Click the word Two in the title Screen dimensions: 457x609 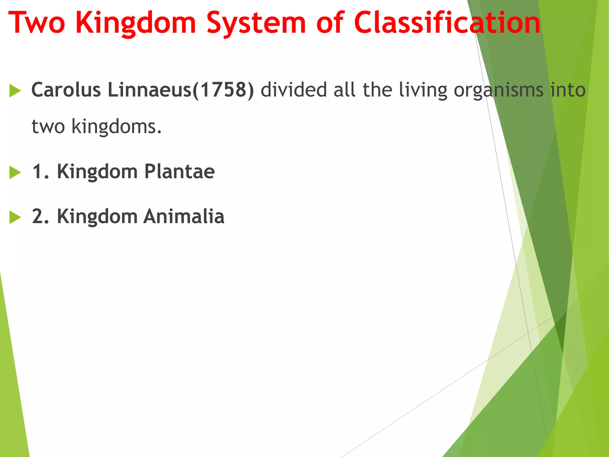tap(37, 23)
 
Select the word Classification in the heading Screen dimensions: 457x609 tap(447, 23)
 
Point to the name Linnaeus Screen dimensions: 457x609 tap(150, 90)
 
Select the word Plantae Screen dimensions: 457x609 tap(179, 172)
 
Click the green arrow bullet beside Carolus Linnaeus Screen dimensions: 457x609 tap(15, 91)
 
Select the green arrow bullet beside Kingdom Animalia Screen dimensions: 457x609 tap(15, 217)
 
